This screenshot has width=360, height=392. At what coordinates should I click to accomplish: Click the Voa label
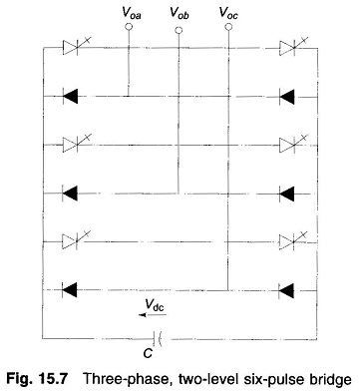click(x=132, y=13)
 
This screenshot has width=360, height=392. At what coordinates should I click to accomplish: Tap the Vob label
click(x=180, y=13)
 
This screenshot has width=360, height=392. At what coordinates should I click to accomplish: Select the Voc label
click(x=228, y=13)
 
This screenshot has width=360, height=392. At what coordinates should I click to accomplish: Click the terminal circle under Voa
click(x=129, y=27)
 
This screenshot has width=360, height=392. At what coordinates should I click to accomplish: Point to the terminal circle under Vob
click(x=179, y=30)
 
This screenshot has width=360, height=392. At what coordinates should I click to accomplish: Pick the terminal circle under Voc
click(x=228, y=27)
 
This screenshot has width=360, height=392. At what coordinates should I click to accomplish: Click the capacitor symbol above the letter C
click(x=158, y=338)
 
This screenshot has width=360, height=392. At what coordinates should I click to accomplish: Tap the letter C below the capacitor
click(x=148, y=353)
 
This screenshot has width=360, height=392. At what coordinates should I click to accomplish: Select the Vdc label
click(x=155, y=305)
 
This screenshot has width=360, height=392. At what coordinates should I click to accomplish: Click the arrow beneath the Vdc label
click(x=153, y=315)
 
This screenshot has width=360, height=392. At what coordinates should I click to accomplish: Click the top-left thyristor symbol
click(x=73, y=47)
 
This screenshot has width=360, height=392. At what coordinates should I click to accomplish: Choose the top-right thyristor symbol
click(x=290, y=48)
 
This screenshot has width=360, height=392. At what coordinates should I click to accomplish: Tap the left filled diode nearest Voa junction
click(x=70, y=97)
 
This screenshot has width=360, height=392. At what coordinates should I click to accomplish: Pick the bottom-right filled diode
click(x=286, y=291)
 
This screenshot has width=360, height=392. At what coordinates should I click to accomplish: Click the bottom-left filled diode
click(x=70, y=290)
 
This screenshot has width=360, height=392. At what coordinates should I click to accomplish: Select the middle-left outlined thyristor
click(x=73, y=145)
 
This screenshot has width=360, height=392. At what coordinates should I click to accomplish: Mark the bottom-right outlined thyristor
click(x=289, y=241)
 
